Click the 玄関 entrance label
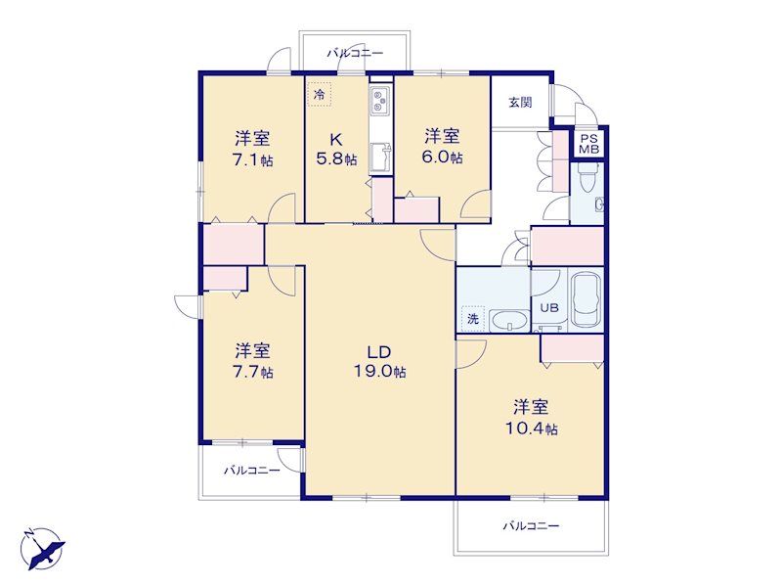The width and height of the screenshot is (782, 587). (520, 103)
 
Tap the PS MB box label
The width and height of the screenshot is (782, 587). (589, 144)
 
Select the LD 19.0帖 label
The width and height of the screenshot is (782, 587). (379, 362)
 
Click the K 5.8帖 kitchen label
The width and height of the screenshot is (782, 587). (336, 149)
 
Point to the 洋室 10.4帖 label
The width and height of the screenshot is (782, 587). (532, 418)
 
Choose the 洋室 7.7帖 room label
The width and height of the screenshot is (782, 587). (253, 361)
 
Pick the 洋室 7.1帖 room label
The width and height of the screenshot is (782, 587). (253, 149)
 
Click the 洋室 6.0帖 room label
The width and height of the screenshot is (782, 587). (443, 146)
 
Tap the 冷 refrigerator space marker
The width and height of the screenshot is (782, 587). (320, 94)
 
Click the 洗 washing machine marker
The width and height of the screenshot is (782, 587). (473, 318)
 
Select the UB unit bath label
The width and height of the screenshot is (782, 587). (549, 308)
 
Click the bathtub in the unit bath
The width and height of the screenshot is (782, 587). (586, 299)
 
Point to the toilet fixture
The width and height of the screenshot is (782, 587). (586, 177)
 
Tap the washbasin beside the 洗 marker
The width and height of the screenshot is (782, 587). (509, 321)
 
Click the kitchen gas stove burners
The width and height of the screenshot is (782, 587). (379, 101)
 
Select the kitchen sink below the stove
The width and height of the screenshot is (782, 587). (380, 158)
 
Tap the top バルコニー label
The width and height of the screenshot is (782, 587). (355, 53)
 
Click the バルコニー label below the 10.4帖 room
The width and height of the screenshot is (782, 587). (531, 525)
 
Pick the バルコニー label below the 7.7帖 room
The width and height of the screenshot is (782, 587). (252, 471)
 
